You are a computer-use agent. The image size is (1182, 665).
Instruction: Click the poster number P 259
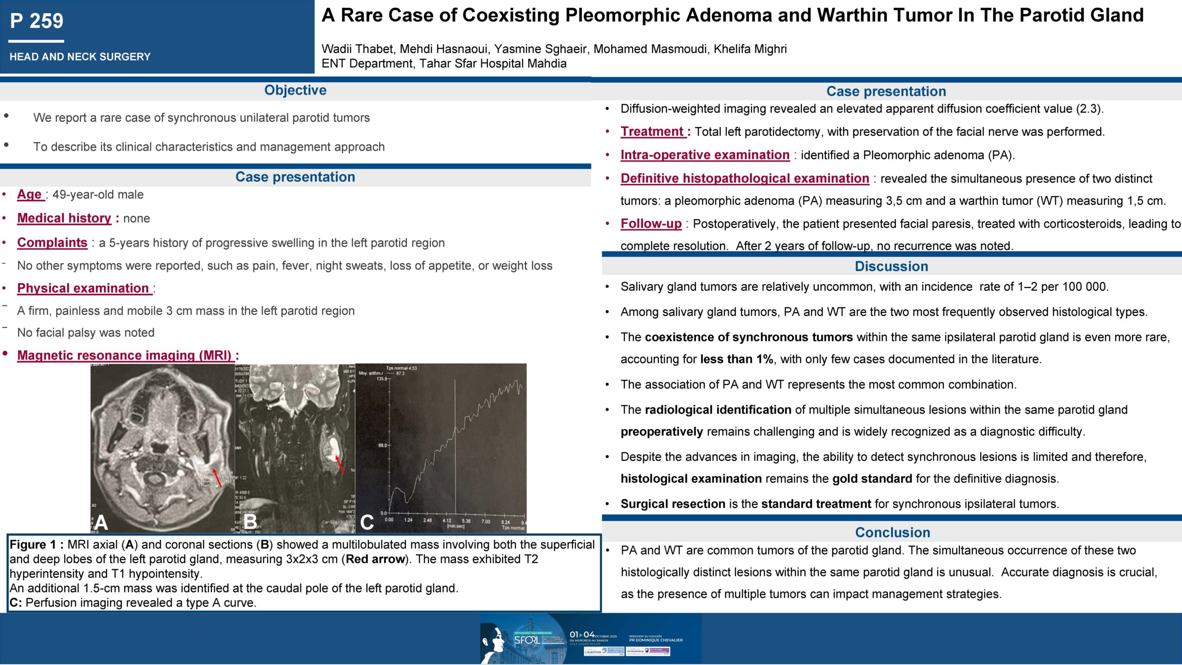[x=36, y=21]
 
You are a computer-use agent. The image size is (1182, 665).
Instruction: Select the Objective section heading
[x=295, y=90]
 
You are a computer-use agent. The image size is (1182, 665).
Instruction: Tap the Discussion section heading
[x=891, y=266]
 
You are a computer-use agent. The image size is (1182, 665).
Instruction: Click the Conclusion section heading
[x=893, y=532]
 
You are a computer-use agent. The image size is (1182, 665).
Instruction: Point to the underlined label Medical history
[x=64, y=218]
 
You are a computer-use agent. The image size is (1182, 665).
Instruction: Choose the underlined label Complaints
[x=52, y=242]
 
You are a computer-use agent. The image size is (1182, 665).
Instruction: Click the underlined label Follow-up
[x=651, y=224]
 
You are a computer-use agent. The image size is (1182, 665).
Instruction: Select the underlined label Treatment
[x=652, y=132]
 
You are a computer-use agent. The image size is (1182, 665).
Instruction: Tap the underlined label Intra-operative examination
[x=705, y=155]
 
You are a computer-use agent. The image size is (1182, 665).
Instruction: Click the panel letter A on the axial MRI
[x=101, y=522]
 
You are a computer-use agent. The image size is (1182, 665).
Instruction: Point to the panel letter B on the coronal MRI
[x=250, y=522]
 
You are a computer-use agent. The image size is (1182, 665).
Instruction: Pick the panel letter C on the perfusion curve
[x=367, y=522]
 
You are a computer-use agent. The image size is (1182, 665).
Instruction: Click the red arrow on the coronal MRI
[x=339, y=465]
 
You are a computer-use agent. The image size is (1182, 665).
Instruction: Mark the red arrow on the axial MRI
[x=217, y=478]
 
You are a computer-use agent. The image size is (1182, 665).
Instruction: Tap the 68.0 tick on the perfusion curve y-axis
[x=383, y=445]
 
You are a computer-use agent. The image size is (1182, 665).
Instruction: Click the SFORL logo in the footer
[x=526, y=640]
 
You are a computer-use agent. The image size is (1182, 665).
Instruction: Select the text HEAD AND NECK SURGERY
[x=80, y=57]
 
